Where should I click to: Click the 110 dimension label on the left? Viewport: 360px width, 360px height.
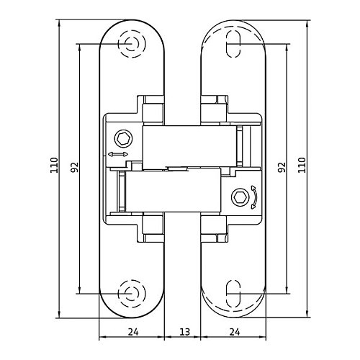point(54,165)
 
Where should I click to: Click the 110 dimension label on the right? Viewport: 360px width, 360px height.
point(302,165)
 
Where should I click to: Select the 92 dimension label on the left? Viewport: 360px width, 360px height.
point(74,167)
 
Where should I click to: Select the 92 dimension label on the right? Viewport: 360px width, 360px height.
point(282,167)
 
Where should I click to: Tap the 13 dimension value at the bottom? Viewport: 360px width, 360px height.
point(184,332)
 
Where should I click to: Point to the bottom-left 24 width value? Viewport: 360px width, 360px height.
point(133,332)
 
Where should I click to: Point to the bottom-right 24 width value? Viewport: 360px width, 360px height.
point(235,332)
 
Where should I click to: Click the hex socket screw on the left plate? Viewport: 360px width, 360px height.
point(124,138)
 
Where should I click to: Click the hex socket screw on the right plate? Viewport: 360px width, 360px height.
point(240,197)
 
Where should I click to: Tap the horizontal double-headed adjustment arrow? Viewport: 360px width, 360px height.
point(118,154)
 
